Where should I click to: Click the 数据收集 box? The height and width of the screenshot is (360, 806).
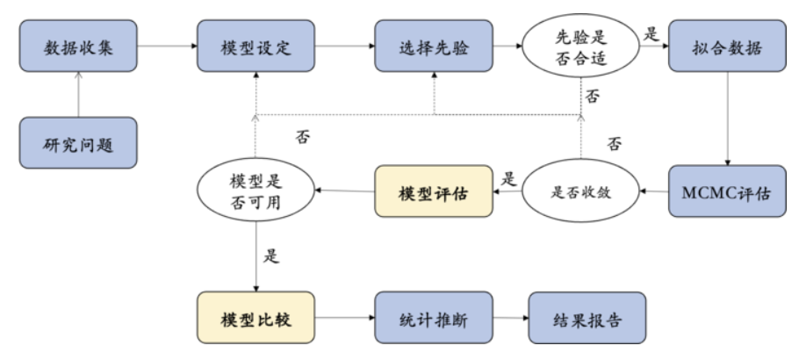79,47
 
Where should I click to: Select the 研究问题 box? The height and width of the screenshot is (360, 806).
79,142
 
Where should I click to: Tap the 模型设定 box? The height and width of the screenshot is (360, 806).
255,47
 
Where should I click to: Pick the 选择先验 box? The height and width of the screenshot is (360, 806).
434,47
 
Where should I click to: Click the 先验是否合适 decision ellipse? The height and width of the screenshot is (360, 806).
580,47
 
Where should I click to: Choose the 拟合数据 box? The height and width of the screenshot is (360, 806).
726,47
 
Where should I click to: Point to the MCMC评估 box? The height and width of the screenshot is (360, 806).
726,191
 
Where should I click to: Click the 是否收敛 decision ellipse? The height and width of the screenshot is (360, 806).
580,191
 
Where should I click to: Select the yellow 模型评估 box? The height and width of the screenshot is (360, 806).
434,191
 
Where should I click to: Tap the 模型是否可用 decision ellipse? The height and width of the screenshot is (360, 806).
256,191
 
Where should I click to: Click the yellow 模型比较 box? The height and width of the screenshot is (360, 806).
255,319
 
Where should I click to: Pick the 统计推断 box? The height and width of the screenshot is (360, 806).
434,319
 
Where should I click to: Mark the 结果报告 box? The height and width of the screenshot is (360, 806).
587,319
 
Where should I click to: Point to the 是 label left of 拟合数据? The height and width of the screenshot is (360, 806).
651,33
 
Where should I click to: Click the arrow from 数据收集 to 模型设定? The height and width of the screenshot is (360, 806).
167,47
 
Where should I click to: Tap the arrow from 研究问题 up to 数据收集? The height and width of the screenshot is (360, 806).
79,95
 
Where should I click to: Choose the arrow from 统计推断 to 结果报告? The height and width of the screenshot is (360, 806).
510,319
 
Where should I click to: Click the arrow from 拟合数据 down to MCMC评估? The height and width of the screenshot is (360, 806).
726,118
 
